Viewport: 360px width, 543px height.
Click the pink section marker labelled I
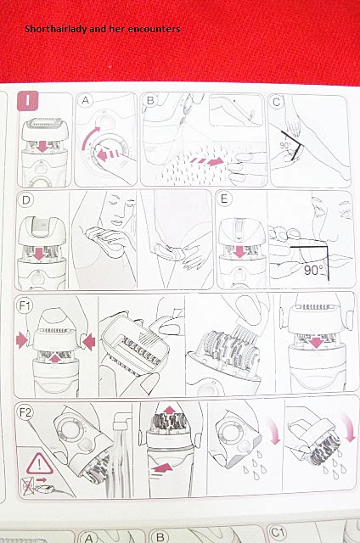27,101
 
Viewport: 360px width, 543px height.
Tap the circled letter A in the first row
85,100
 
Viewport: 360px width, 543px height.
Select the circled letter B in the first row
150,100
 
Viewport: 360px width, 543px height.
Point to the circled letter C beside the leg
276,102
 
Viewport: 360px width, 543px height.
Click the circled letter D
26,200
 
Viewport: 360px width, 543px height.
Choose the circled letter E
224,199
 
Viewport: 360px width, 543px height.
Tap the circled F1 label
25,306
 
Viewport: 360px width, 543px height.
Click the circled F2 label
25,413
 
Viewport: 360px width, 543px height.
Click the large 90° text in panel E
313,270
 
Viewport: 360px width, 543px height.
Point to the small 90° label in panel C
284,145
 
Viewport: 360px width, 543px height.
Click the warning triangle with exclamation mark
40,463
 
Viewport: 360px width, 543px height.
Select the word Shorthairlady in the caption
56,29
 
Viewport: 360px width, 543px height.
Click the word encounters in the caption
155,29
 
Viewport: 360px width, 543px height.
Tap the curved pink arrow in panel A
88,138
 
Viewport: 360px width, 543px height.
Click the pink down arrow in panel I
42,147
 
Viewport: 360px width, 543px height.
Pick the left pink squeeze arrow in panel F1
22,340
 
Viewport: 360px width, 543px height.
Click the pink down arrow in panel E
239,252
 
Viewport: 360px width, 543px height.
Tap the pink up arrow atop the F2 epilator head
170,410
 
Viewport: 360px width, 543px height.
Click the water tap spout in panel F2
122,418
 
